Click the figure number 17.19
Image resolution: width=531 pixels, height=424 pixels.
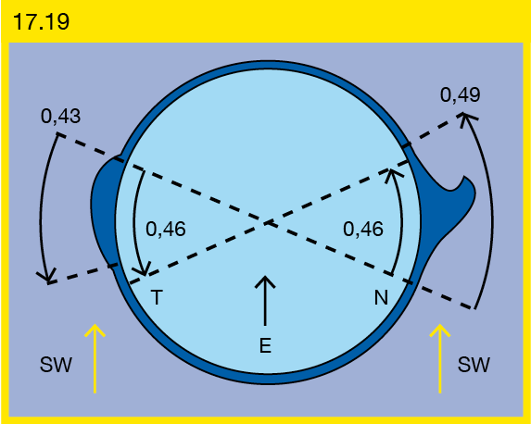[41, 22]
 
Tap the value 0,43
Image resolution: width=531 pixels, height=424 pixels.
[60, 117]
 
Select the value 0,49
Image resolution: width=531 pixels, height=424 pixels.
[461, 94]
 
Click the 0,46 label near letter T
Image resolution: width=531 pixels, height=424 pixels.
[166, 229]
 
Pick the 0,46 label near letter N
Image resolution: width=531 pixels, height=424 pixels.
[363, 229]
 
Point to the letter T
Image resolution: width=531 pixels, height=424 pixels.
[157, 297]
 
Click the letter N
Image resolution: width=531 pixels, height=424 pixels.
[381, 297]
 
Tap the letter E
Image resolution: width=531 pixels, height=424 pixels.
[265, 345]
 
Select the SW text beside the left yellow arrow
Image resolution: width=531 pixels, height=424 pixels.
[56, 365]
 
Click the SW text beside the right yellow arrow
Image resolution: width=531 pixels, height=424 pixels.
[474, 365]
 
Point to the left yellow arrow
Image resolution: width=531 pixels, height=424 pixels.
[95, 358]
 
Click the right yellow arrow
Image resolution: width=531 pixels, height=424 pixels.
[440, 358]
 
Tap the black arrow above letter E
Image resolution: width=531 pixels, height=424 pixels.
[265, 301]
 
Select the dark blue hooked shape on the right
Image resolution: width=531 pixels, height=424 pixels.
[440, 210]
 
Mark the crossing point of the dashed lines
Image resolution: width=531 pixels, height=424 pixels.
[269, 223]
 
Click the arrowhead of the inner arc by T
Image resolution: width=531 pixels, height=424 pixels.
[144, 270]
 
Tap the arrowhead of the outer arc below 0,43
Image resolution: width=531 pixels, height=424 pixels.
[48, 277]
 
